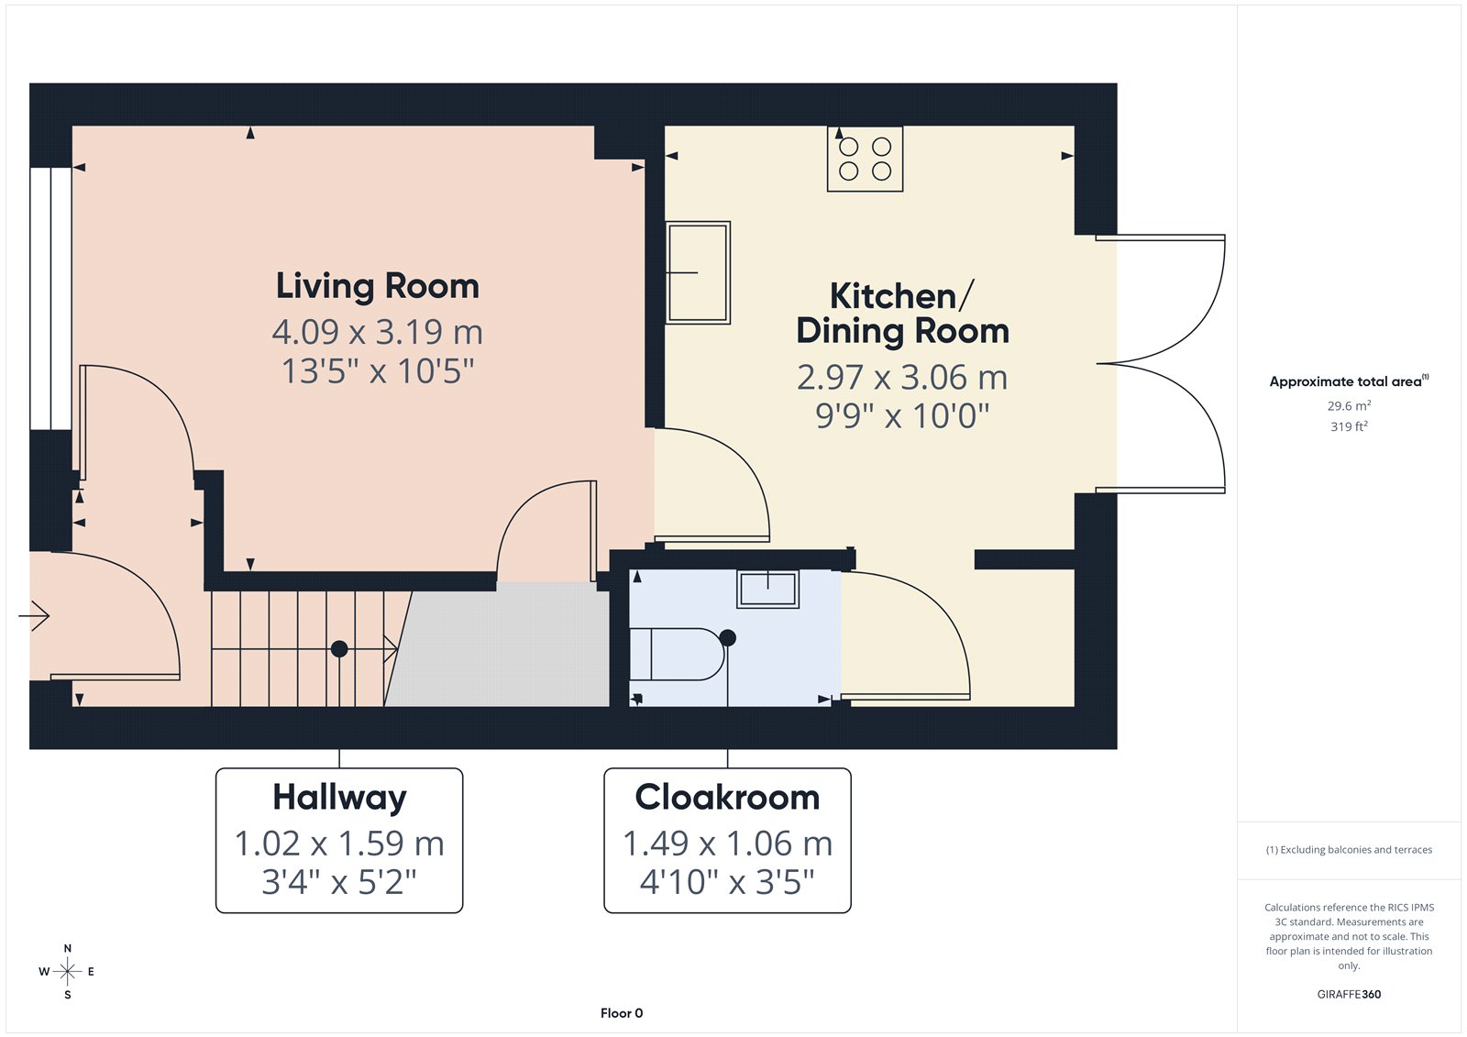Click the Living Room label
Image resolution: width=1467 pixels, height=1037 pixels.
[x=377, y=287]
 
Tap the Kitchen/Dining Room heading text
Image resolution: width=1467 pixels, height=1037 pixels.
[x=902, y=314]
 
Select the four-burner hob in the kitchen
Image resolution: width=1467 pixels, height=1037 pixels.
[x=865, y=159]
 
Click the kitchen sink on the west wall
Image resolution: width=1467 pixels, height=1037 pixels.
[x=698, y=272]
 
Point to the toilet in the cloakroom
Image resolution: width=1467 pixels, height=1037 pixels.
[x=677, y=654]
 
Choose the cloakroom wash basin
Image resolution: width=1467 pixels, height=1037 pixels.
[x=767, y=589]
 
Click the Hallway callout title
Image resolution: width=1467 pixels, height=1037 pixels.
[x=339, y=799]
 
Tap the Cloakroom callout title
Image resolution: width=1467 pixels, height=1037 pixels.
[x=727, y=798]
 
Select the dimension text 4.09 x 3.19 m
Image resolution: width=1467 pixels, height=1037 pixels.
[x=377, y=332]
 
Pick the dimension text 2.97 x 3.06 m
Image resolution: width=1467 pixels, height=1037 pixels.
[x=902, y=378]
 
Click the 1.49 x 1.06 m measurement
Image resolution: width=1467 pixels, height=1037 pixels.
[x=727, y=844]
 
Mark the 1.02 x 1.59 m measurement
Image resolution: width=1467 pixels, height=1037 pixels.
[x=339, y=844]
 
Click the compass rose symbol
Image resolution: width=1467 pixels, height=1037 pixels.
[x=68, y=971]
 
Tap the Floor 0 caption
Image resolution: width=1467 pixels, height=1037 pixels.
[x=622, y=1013]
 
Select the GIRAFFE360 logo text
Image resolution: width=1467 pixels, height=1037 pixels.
[x=1349, y=994]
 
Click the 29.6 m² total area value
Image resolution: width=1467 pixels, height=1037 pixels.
[x=1349, y=405]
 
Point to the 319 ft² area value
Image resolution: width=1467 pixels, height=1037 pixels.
[x=1349, y=426]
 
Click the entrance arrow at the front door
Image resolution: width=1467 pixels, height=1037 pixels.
[x=34, y=616]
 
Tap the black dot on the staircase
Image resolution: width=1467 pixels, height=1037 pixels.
[x=339, y=649]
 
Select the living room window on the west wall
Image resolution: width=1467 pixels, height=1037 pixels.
[x=50, y=299]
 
